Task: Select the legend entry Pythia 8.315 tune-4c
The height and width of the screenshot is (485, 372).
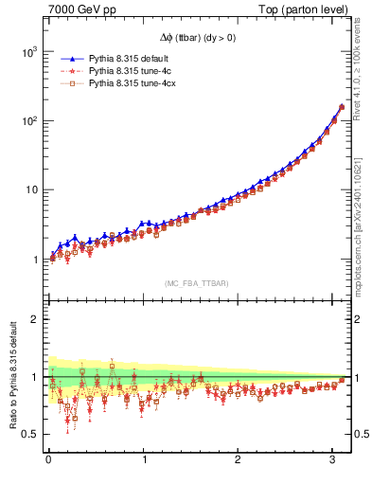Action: click(x=123, y=71)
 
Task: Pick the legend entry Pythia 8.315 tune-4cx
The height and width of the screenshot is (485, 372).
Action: click(x=125, y=83)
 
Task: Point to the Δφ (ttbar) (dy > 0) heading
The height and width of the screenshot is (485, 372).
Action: click(x=195, y=41)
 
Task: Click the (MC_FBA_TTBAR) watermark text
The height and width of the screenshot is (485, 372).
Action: click(x=195, y=282)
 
